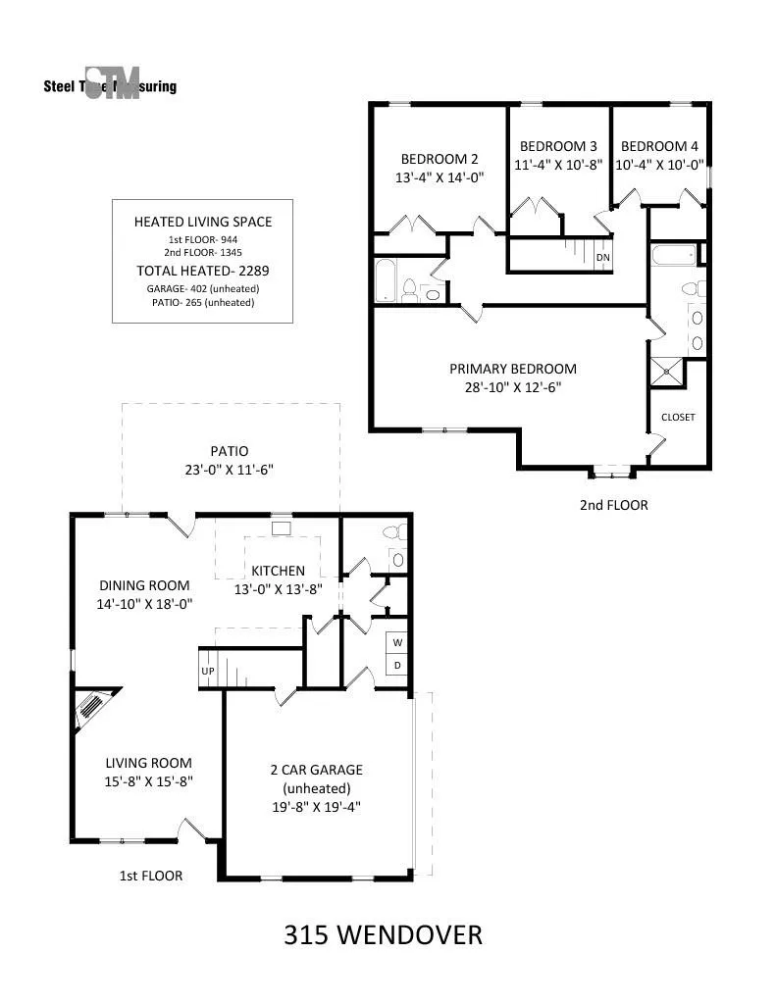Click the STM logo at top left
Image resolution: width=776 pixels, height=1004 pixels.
click(112, 82)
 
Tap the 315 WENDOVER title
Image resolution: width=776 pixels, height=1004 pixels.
click(383, 934)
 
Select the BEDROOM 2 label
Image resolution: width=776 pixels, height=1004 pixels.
click(440, 159)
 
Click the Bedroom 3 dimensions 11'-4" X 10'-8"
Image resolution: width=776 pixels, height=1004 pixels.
click(558, 165)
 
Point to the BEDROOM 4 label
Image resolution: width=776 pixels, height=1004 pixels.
click(659, 146)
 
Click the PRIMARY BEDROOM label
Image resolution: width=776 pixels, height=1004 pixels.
click(513, 369)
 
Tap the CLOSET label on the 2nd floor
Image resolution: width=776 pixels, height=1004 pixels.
click(678, 417)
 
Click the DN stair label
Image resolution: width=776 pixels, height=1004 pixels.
click(603, 258)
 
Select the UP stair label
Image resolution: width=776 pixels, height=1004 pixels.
click(208, 671)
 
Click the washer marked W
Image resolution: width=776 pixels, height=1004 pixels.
click(397, 642)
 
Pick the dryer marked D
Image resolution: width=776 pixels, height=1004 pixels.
click(397, 665)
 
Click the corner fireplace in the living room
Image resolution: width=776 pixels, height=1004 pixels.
click(93, 708)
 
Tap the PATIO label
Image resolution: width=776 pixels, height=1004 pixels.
click(230, 451)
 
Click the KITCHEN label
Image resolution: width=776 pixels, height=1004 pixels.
click(278, 571)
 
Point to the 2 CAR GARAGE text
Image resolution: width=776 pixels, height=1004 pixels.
click(317, 770)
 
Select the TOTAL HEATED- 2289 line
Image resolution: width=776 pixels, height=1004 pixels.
click(202, 271)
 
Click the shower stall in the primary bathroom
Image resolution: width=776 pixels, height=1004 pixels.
click(667, 373)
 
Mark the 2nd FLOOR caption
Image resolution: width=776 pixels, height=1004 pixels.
click(614, 505)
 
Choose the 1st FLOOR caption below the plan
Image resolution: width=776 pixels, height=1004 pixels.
click(150, 876)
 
